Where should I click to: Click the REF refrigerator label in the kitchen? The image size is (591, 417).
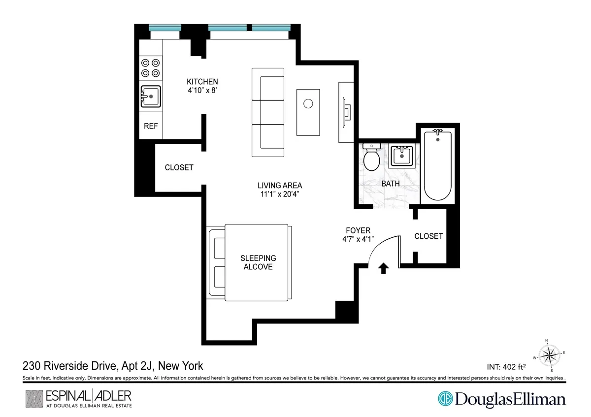[x=151, y=126]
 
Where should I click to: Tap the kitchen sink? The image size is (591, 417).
[x=150, y=95]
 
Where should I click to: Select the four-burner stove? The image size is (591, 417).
[x=151, y=67]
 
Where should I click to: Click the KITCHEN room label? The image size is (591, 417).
[x=202, y=81]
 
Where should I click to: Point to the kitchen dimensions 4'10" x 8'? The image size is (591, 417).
[x=202, y=91]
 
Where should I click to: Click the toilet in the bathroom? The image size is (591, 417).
[x=370, y=157]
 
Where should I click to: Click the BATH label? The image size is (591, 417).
[x=391, y=184]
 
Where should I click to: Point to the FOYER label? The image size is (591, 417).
[x=358, y=230]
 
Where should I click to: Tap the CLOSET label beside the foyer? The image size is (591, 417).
[x=428, y=236]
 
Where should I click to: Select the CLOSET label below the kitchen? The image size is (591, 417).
[x=179, y=167]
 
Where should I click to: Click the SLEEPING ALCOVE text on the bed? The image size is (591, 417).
[x=258, y=262]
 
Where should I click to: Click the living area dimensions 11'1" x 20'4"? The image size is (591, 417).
[x=280, y=194]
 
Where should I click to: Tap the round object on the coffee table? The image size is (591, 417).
[x=308, y=104]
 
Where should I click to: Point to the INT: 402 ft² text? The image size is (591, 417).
[x=506, y=367]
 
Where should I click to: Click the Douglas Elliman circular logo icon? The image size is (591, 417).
[x=445, y=398]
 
